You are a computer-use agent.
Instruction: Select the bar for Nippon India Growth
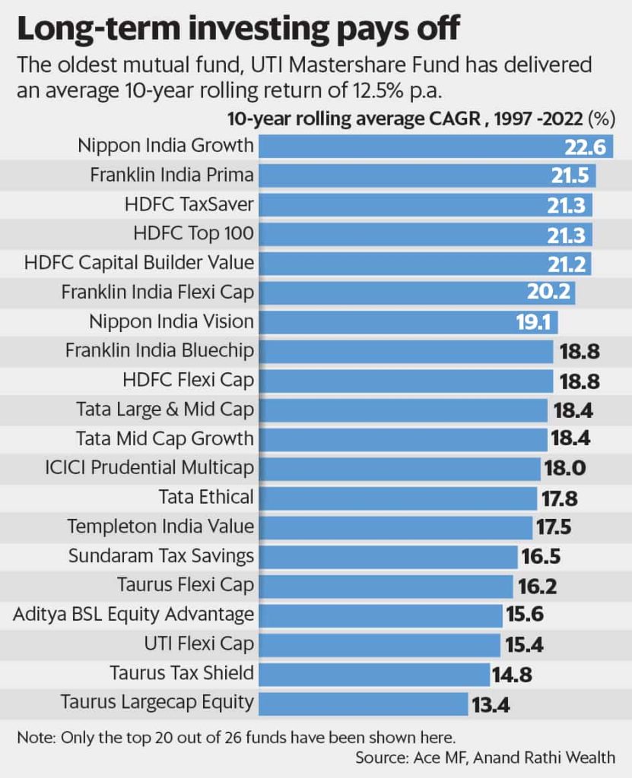pos(403,146)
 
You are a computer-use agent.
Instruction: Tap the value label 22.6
pos(584,147)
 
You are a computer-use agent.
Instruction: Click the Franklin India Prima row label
pos(171,176)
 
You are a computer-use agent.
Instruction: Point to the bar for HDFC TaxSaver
pos(403,205)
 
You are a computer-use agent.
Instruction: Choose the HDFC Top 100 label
pos(192,234)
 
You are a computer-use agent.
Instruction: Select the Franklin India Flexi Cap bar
pos(395,293)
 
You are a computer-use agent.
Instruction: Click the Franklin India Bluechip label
pos(159,351)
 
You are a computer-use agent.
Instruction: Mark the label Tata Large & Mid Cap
pos(165,410)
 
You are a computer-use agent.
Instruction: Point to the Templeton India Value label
pos(160,527)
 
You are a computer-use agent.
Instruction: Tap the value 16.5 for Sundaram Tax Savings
pos(541,556)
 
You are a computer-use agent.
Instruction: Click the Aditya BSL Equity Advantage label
pos(133,614)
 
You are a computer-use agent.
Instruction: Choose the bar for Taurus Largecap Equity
pos(364,703)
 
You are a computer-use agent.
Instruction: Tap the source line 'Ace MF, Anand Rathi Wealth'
pos(485,757)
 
